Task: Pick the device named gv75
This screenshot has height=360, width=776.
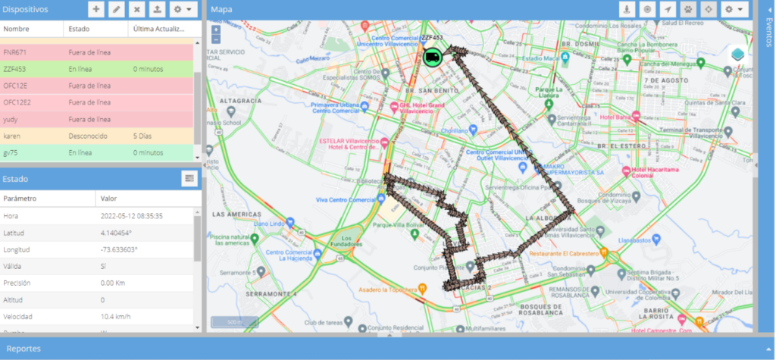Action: (11, 152)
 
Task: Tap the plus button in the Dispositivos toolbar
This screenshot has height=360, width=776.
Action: (96, 9)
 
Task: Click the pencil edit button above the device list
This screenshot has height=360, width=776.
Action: (117, 9)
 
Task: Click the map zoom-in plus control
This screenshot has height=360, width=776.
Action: (217, 29)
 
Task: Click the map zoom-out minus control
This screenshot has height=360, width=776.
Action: (217, 39)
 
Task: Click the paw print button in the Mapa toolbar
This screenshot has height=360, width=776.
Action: (688, 9)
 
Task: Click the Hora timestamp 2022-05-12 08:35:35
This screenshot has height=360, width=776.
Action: (132, 215)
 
